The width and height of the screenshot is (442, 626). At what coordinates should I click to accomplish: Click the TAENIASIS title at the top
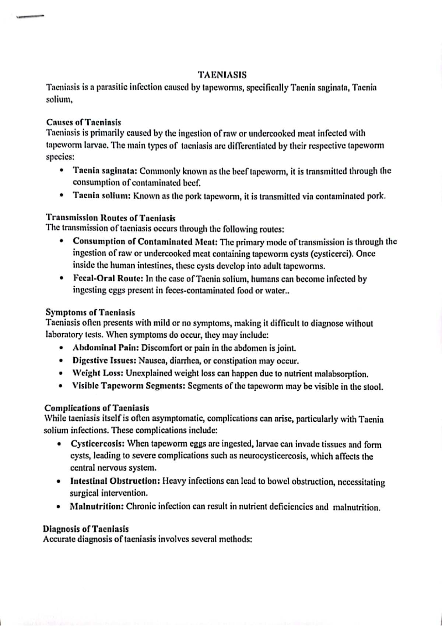(x=222, y=75)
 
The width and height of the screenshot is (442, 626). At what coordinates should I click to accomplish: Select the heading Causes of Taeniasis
(x=84, y=122)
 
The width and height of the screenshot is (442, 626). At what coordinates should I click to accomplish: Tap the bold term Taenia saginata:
(x=105, y=171)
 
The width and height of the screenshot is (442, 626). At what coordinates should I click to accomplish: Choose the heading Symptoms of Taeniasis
(x=90, y=313)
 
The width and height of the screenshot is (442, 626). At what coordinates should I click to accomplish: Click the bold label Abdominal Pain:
(x=106, y=348)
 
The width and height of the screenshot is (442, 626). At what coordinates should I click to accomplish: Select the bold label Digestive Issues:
(x=105, y=361)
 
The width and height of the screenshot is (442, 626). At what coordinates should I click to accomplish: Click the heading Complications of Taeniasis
(x=97, y=408)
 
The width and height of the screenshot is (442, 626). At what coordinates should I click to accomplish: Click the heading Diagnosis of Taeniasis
(x=86, y=529)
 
